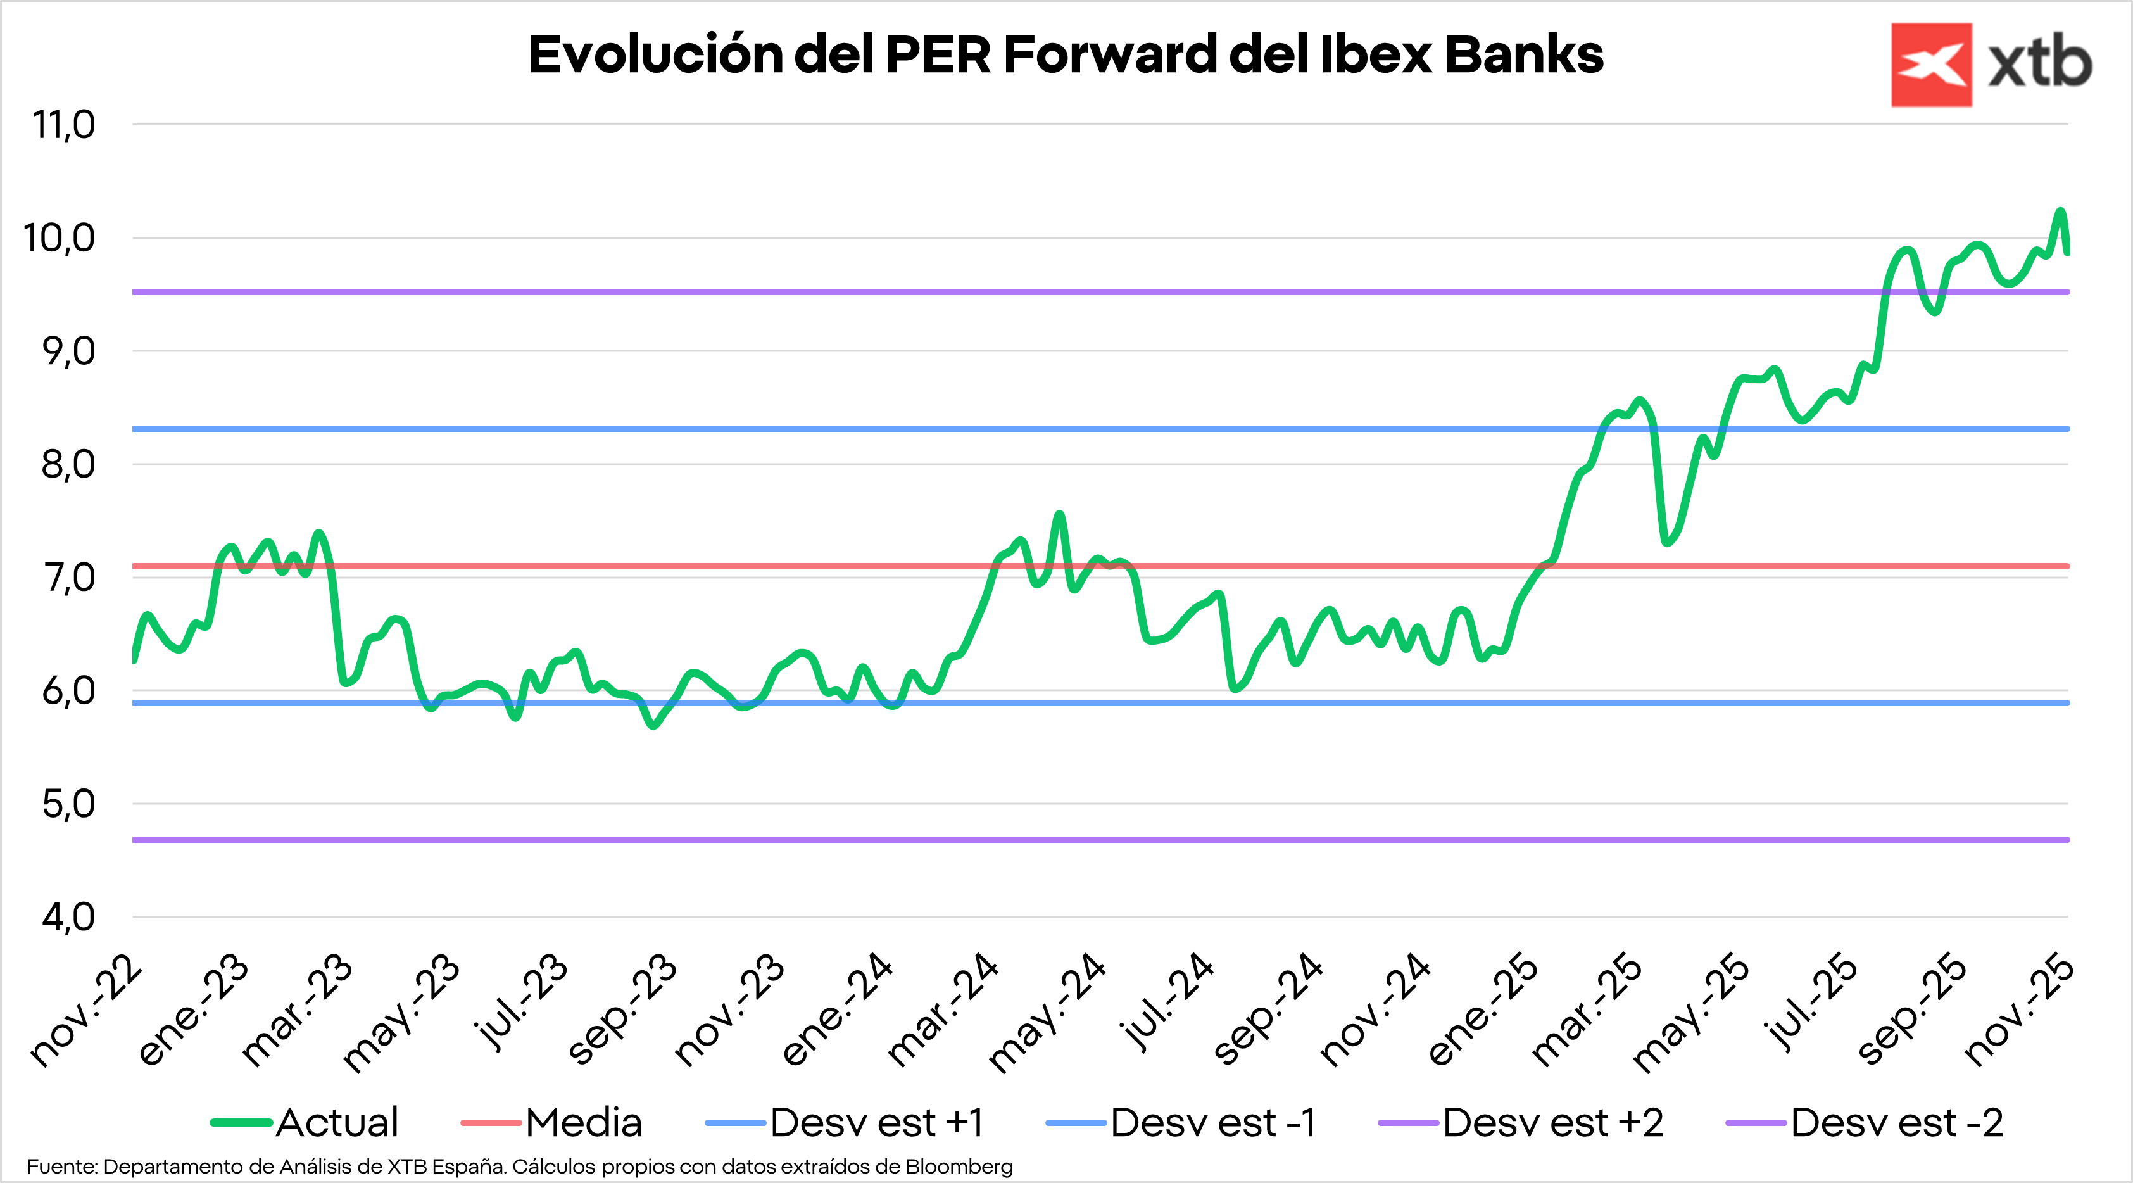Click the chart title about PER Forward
click(x=1066, y=54)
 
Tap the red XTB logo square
click(x=1931, y=65)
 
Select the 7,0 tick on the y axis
click(x=70, y=578)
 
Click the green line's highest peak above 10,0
click(x=2061, y=212)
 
